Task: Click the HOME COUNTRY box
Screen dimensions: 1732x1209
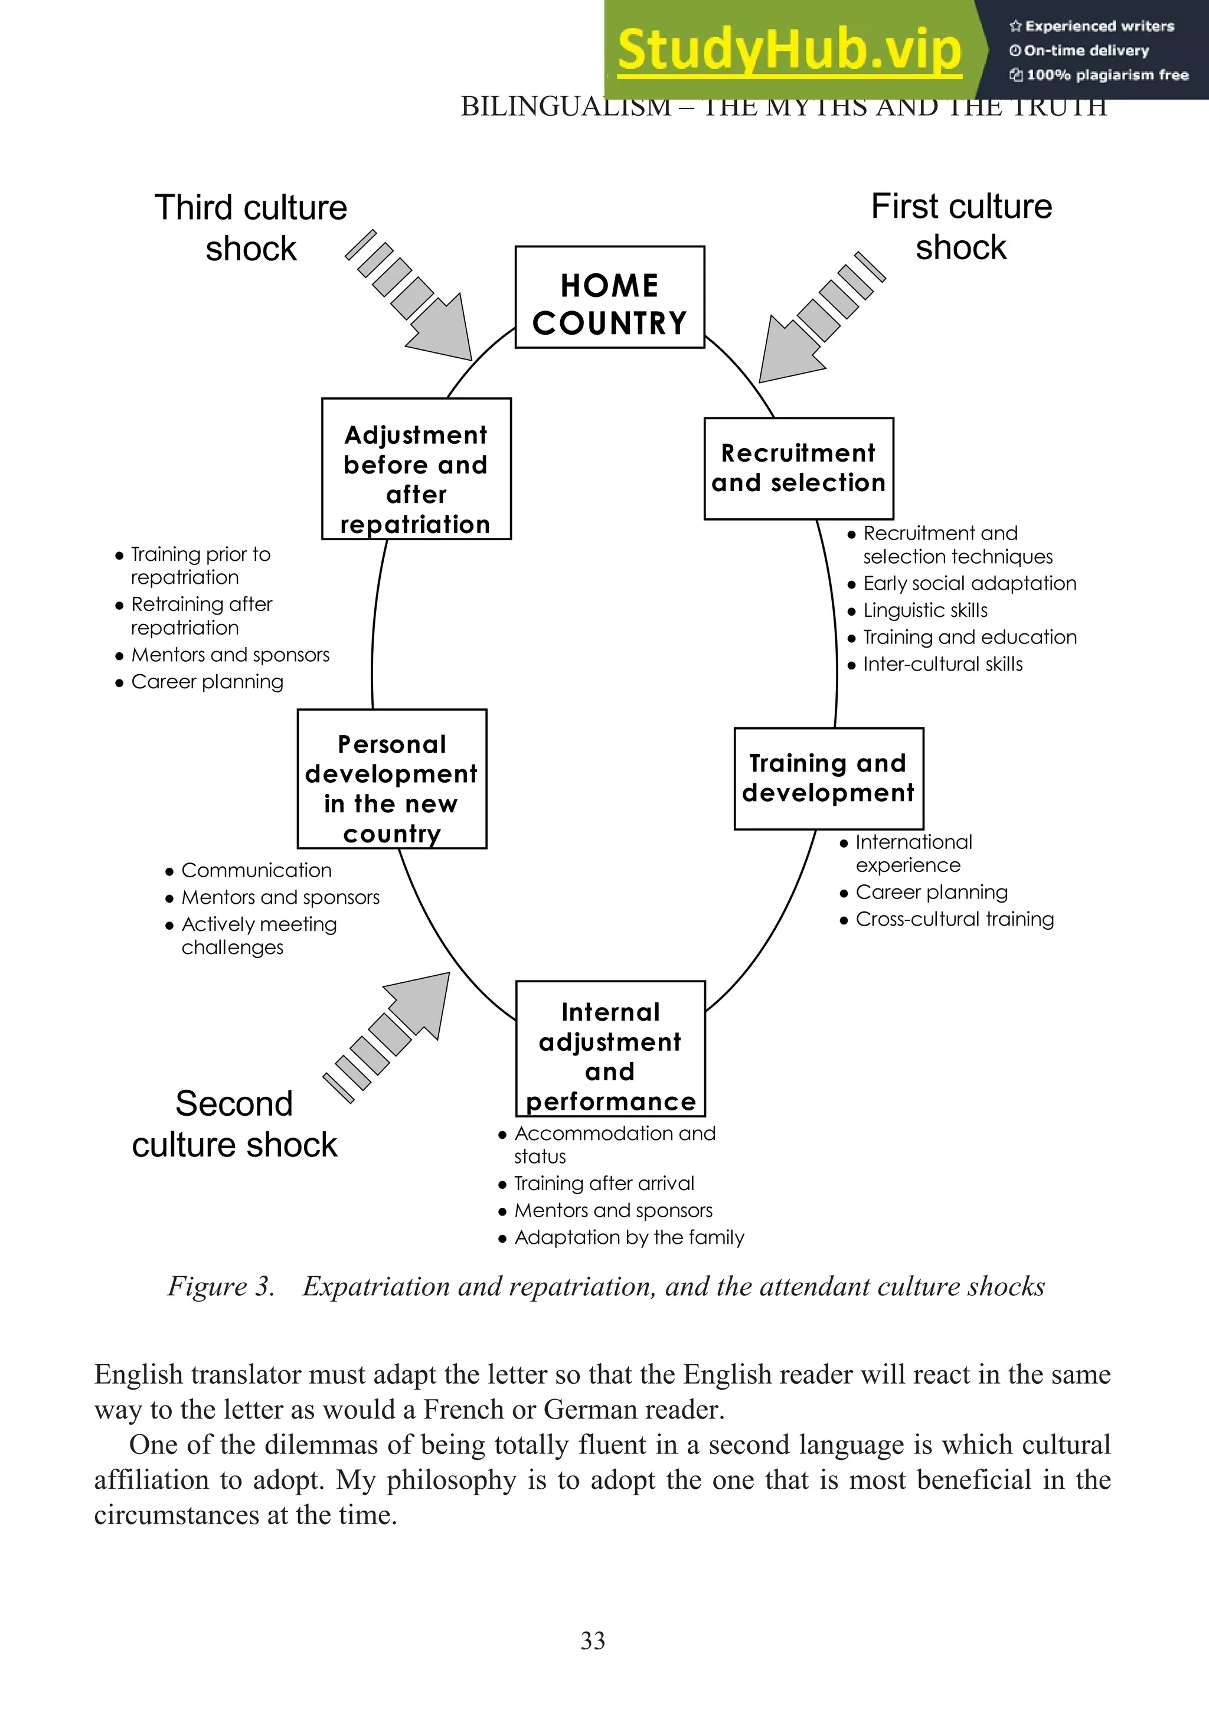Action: [609, 297]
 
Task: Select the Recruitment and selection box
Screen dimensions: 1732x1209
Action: [798, 469]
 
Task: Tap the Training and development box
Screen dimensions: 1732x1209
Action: [828, 779]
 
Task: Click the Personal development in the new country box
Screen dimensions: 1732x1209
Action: [391, 779]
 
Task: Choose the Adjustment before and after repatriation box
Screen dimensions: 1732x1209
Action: [416, 469]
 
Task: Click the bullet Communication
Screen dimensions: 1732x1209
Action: [256, 871]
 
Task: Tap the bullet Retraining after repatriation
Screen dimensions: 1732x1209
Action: [200, 616]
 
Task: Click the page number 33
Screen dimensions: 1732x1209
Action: [593, 1641]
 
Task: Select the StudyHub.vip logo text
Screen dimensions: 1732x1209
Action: [788, 50]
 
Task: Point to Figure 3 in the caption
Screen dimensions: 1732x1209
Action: [220, 1286]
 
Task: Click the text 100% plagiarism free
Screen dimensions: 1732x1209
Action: [1106, 75]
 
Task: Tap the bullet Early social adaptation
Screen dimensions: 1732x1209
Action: [969, 583]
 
